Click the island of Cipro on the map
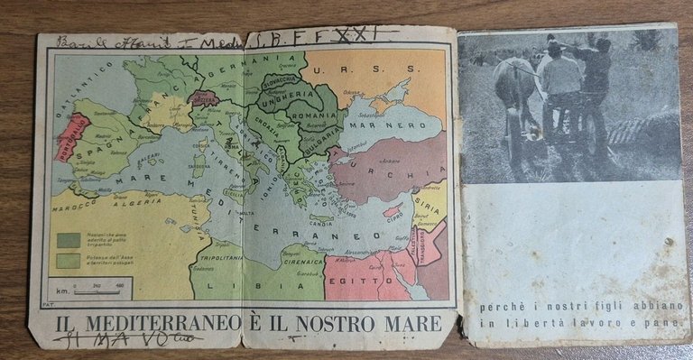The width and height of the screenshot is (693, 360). pos(393,211)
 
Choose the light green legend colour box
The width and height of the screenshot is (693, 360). pos(66,261)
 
